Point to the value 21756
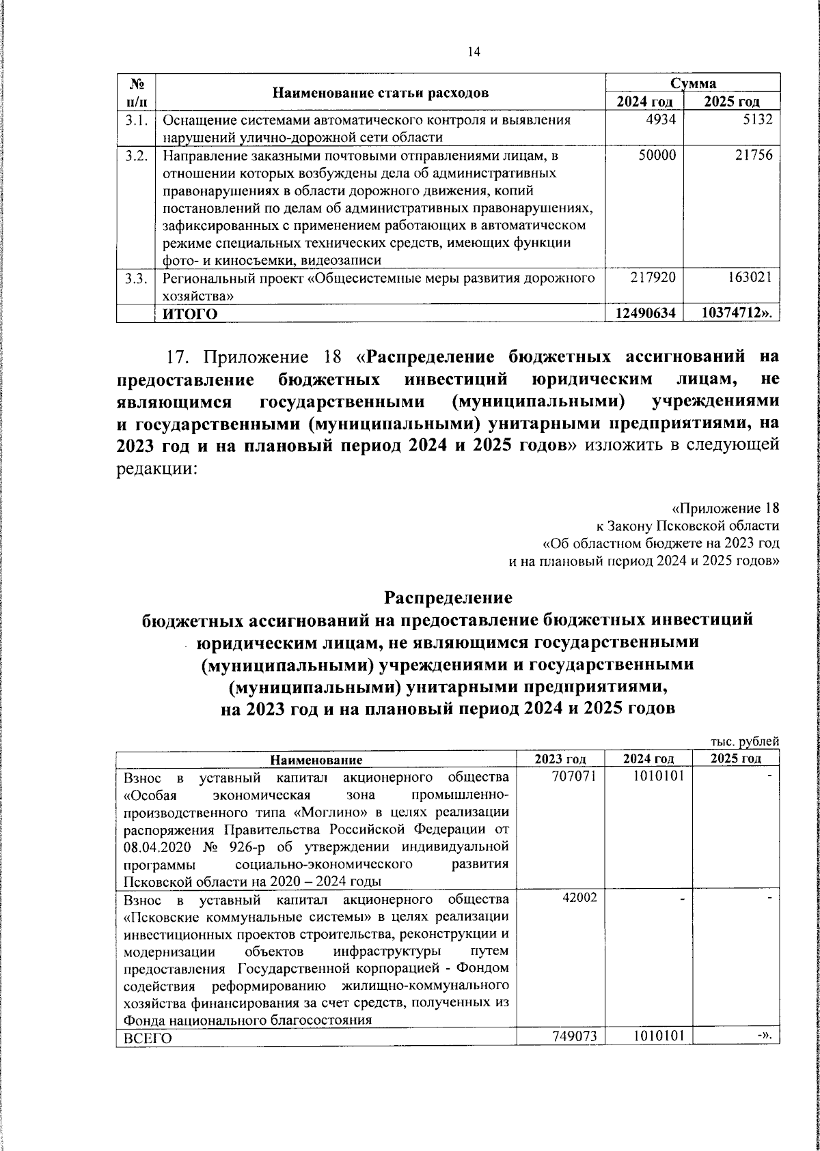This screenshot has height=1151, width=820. pos(754,156)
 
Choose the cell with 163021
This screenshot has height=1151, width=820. pos(750,278)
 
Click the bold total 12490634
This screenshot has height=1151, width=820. pos(646,313)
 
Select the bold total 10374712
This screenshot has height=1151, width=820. pos(740,313)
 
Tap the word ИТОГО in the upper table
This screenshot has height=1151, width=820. pos(190,314)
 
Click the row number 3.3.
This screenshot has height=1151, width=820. pos(137,279)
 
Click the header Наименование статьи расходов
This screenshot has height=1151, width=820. pos(381,94)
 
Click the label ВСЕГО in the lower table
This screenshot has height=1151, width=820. pos(148,1057)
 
